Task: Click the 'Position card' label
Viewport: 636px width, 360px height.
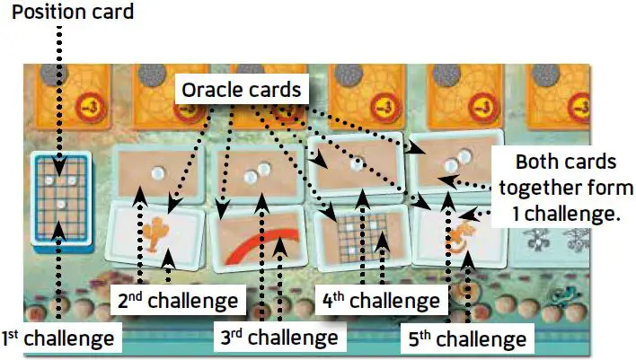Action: (73, 13)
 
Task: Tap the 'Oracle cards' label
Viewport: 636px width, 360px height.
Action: (241, 90)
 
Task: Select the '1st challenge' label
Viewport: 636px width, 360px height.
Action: (58, 338)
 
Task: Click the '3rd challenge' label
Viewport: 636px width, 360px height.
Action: (278, 338)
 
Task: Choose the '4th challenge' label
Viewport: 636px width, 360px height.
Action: (382, 299)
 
